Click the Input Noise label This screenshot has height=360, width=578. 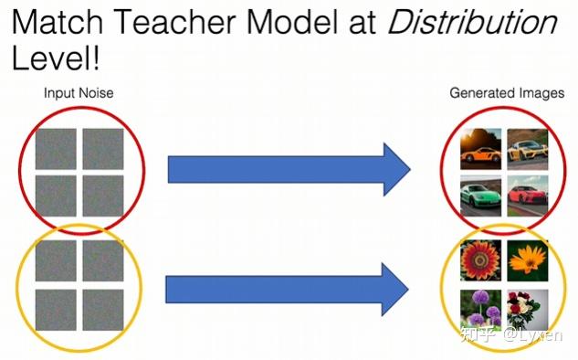[x=79, y=93]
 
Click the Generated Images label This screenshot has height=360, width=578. [x=507, y=93]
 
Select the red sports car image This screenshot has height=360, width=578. [x=527, y=193]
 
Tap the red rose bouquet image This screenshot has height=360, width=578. [x=527, y=308]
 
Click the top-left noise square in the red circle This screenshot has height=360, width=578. [x=55, y=148]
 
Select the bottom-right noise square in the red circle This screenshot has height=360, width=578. [x=102, y=195]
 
